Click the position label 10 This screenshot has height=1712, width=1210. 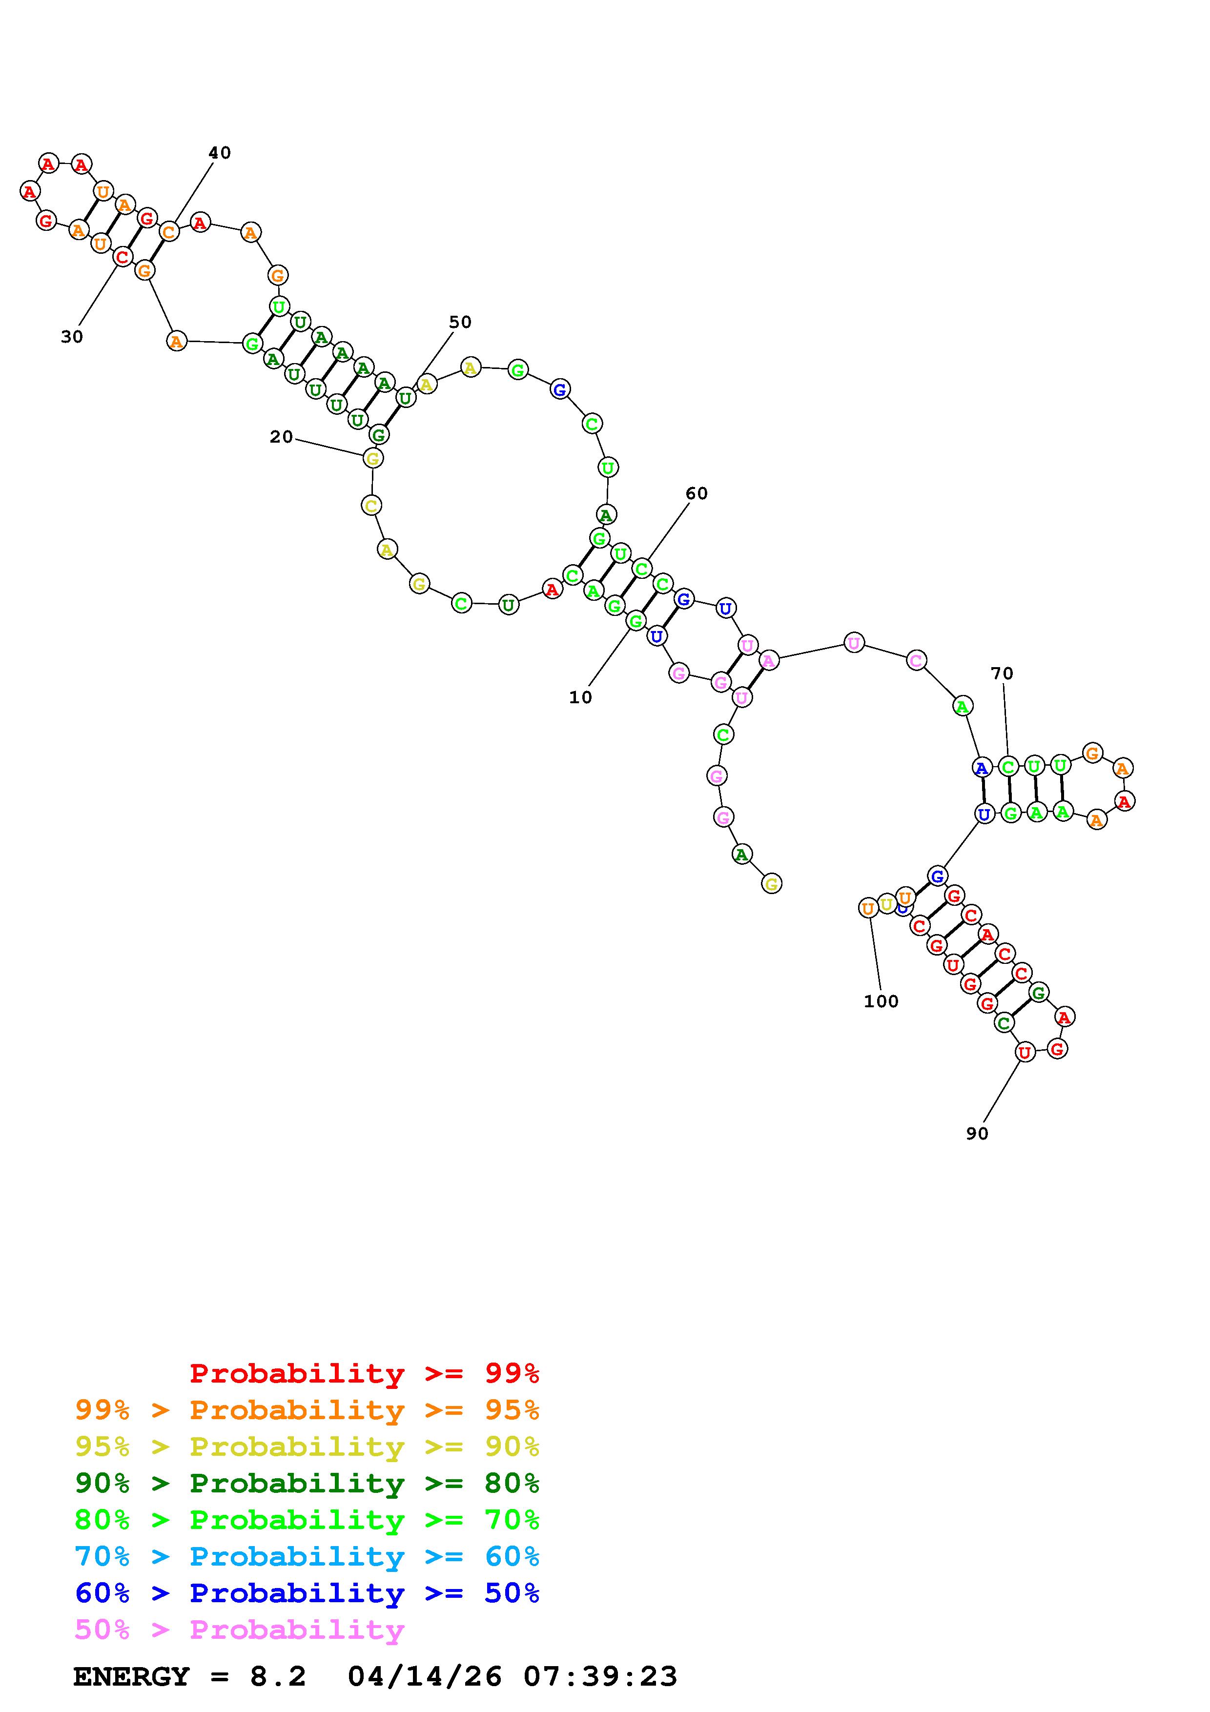580,697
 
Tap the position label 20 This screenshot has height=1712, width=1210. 281,437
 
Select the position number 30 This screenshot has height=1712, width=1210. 72,337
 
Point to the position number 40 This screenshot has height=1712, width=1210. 219,153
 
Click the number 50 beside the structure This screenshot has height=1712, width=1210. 460,322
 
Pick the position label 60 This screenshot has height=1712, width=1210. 697,493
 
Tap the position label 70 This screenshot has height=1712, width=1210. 1002,673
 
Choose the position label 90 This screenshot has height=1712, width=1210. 977,1133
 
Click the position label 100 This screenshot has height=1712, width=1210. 881,1001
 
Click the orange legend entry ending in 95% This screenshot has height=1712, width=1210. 307,1410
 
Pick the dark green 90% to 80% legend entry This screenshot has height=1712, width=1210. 307,1483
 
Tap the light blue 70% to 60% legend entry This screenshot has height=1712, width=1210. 307,1556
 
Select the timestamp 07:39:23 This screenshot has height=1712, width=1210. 600,1677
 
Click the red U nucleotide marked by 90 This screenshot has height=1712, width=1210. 1025,1052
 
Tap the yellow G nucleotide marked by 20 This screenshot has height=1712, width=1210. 373,458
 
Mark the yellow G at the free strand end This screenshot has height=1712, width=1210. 772,884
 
